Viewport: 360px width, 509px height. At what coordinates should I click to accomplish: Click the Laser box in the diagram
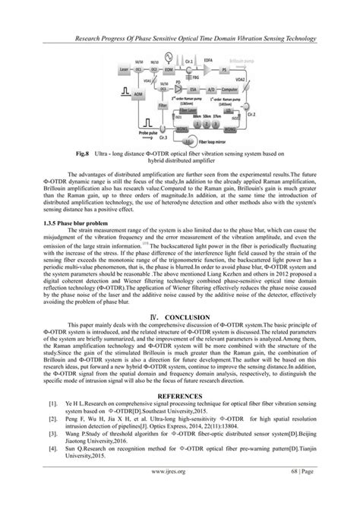coord(123,69)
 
